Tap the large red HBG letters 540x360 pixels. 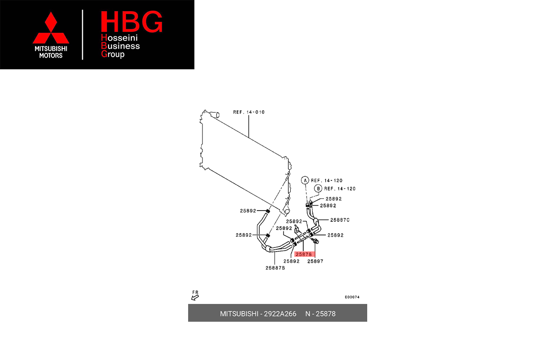pyautogui.click(x=131, y=22)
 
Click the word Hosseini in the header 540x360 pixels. pyautogui.click(x=121, y=38)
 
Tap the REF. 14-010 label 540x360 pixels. pyautogui.click(x=248, y=112)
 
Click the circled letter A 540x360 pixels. pyautogui.click(x=305, y=180)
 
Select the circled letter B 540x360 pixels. pyautogui.click(x=318, y=189)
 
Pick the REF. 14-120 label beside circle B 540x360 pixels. pyautogui.click(x=340, y=189)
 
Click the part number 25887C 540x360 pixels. pyautogui.click(x=340, y=220)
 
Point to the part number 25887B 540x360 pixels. pyautogui.click(x=275, y=268)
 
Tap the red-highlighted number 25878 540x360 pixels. pyautogui.click(x=304, y=254)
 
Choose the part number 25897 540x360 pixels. pyautogui.click(x=315, y=261)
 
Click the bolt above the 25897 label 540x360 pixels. pyautogui.click(x=315, y=242)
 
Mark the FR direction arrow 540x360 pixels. pyautogui.click(x=195, y=295)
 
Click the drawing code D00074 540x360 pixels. pyautogui.click(x=352, y=297)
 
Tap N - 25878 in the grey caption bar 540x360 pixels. pyautogui.click(x=320, y=314)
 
